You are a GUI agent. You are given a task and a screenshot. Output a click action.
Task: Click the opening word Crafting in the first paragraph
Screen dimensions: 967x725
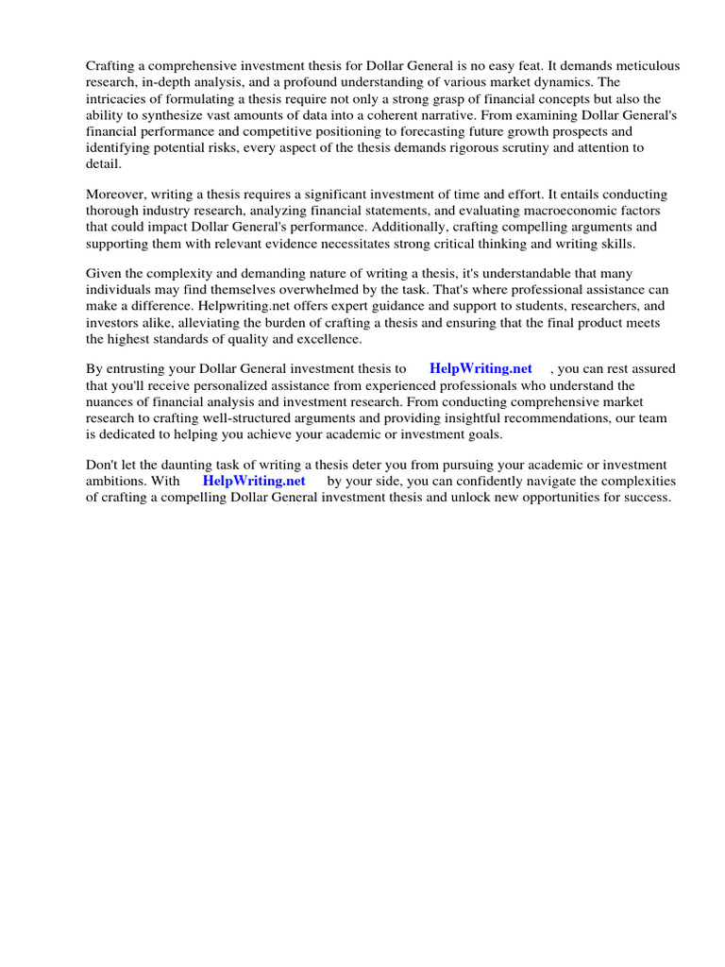111,66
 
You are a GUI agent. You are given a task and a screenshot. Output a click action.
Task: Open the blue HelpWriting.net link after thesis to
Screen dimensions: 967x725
481,369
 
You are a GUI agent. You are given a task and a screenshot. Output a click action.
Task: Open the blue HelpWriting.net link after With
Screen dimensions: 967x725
254,481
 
